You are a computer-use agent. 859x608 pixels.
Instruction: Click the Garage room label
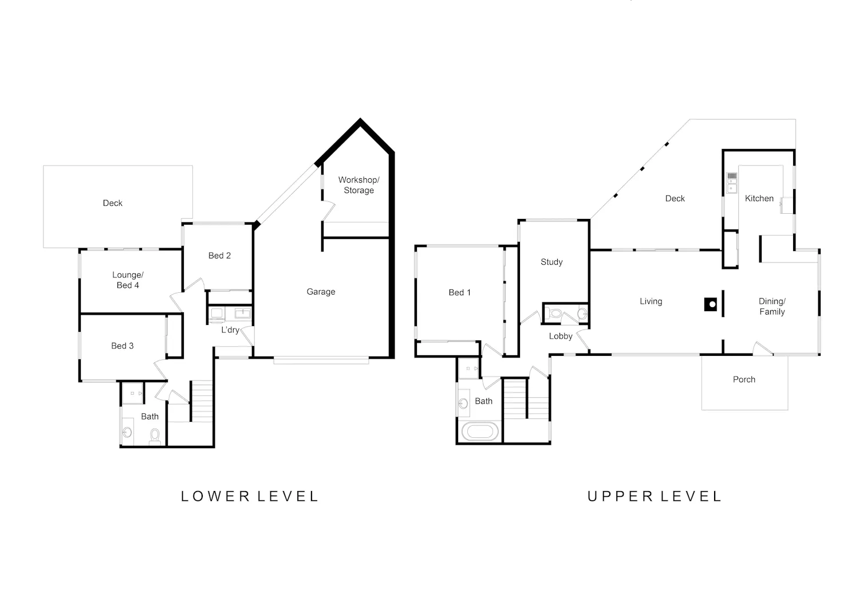pyautogui.click(x=321, y=292)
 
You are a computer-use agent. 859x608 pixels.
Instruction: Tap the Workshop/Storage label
pyautogui.click(x=359, y=185)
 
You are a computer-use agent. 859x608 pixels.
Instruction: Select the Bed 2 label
pyautogui.click(x=220, y=256)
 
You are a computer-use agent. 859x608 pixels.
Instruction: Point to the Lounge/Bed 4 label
pyautogui.click(x=128, y=280)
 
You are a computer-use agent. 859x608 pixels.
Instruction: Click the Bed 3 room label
pyautogui.click(x=123, y=346)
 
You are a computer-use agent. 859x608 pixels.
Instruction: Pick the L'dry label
pyautogui.click(x=230, y=330)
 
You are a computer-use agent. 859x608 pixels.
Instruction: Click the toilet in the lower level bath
pyautogui.click(x=155, y=437)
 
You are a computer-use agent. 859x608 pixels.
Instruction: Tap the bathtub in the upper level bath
pyautogui.click(x=480, y=432)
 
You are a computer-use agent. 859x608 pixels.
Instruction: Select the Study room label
pyautogui.click(x=551, y=262)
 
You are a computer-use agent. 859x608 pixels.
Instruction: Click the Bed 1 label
pyautogui.click(x=459, y=292)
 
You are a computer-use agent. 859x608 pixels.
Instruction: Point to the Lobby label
pyautogui.click(x=561, y=336)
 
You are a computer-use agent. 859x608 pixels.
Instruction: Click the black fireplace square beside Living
pyautogui.click(x=711, y=305)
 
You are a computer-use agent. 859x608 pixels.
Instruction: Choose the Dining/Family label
pyautogui.click(x=772, y=307)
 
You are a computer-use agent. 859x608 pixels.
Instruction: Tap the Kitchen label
pyautogui.click(x=759, y=198)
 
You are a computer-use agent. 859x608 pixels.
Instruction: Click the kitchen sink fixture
pyautogui.click(x=732, y=183)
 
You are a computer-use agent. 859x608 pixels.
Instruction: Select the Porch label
pyautogui.click(x=744, y=379)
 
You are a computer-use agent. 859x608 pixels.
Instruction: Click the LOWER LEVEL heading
pyautogui.click(x=250, y=496)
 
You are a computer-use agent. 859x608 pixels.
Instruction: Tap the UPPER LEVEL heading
pyautogui.click(x=655, y=496)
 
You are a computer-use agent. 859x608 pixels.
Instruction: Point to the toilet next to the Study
pyautogui.click(x=554, y=313)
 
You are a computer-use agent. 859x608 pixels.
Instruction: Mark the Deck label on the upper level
pyautogui.click(x=675, y=198)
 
